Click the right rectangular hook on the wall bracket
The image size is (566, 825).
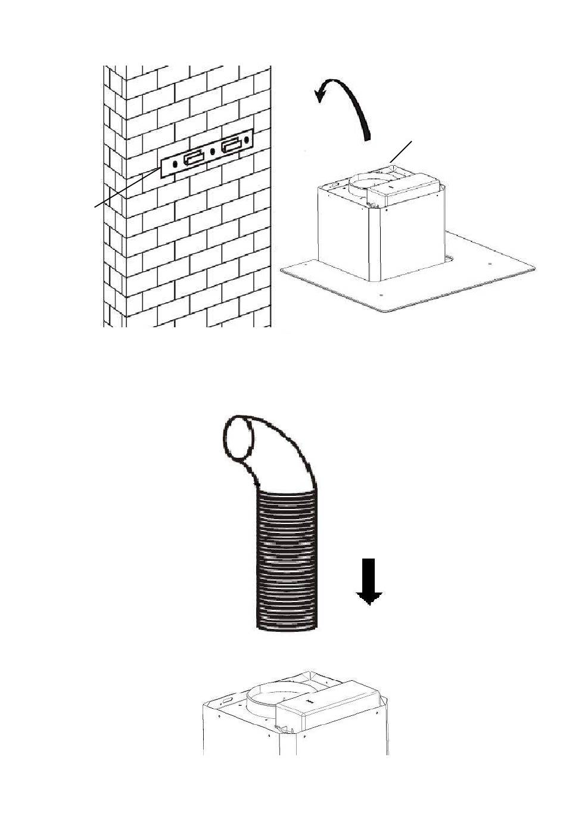(x=231, y=146)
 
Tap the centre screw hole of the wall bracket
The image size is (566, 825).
(x=213, y=151)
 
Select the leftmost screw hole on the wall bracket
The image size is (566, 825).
(x=175, y=163)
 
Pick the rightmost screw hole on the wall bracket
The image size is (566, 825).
(x=246, y=141)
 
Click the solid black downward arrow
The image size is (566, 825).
(x=369, y=582)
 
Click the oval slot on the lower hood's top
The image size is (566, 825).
(x=228, y=697)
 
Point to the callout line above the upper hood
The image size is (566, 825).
(x=400, y=151)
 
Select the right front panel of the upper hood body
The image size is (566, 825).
(x=411, y=238)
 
